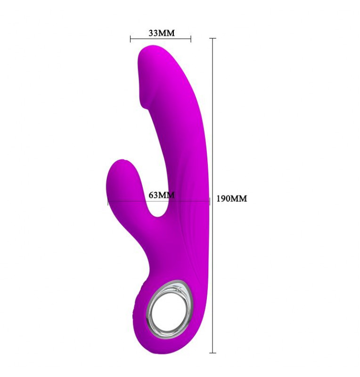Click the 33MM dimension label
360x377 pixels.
162,33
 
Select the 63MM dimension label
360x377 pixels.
162,195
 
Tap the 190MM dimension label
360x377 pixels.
231,198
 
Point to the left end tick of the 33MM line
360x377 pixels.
131,39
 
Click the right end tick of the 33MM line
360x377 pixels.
191,39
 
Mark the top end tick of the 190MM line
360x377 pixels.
213,38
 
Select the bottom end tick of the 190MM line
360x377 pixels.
213,352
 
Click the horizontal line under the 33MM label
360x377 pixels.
160,39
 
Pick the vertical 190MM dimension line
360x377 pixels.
213,196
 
